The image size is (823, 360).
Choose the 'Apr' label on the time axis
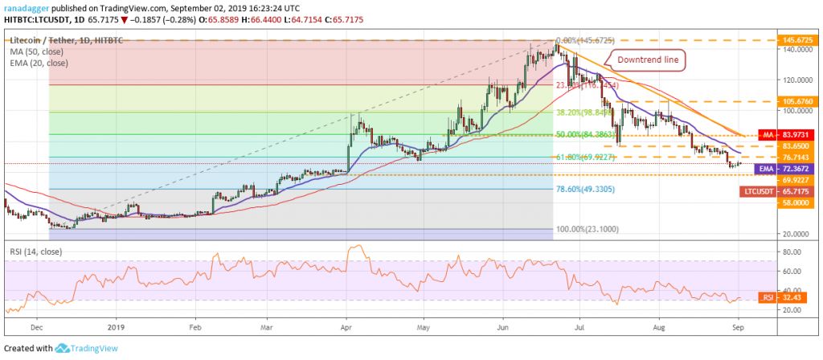point(346,329)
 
